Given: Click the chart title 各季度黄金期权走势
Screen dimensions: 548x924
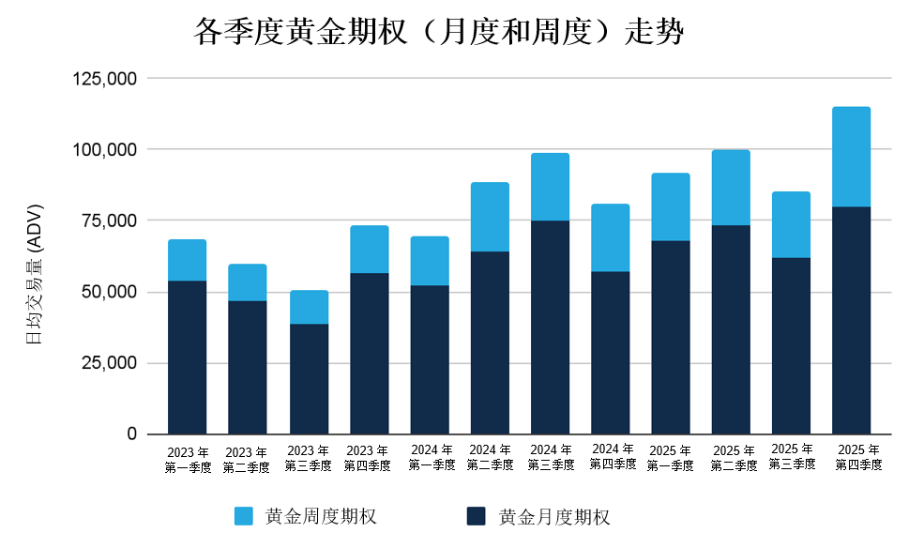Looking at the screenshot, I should (439, 33).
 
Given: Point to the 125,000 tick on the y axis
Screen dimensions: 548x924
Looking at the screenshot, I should (105, 79).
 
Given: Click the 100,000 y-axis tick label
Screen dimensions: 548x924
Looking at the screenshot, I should (105, 150).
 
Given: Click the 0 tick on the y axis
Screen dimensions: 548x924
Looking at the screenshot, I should (132, 434).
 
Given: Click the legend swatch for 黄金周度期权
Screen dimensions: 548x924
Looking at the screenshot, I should (244, 516).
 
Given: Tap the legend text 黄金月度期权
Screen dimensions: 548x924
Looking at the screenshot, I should (554, 516).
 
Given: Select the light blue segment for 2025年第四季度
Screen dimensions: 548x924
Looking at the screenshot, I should (851, 157).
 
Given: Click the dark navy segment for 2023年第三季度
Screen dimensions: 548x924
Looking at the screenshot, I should (309, 379).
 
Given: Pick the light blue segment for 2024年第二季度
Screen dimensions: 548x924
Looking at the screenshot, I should (490, 217).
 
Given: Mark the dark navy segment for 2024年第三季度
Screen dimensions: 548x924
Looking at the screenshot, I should (550, 327).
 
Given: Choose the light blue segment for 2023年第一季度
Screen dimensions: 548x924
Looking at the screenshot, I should (188, 260).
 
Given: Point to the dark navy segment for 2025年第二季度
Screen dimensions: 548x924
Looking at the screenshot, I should (731, 329).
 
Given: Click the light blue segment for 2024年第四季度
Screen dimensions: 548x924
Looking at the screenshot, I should (610, 237).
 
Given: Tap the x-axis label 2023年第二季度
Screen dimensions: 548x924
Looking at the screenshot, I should (247, 460).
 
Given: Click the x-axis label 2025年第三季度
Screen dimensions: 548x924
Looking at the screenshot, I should (792, 456).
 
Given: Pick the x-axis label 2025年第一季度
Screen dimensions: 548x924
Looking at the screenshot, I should (671, 458).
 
